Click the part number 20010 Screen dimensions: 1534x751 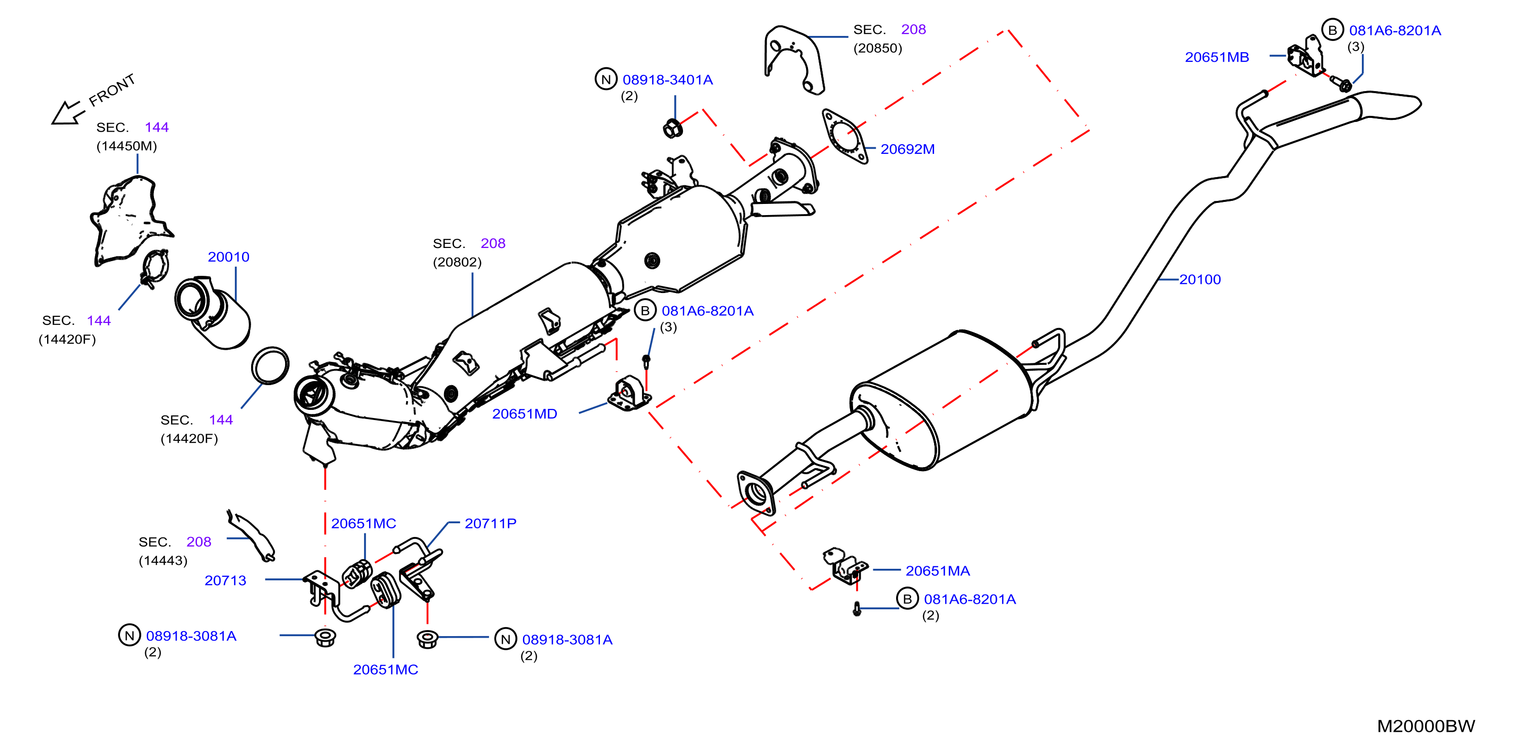point(228,257)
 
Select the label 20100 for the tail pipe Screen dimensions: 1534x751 point(1199,279)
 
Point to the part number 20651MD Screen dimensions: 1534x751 point(524,413)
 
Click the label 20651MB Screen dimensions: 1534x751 point(1217,57)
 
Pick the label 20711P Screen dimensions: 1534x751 point(490,523)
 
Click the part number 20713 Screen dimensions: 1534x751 point(225,580)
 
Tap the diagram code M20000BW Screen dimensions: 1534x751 point(1426,726)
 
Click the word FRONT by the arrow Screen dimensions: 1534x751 point(112,90)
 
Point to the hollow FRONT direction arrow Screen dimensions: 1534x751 point(67,113)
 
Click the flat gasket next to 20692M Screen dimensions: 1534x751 point(844,136)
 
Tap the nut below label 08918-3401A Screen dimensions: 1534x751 point(672,128)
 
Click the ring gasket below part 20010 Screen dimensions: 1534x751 point(270,366)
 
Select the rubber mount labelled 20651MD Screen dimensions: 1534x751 point(629,394)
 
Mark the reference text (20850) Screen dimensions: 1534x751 point(877,48)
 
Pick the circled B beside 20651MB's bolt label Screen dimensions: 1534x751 point(1332,30)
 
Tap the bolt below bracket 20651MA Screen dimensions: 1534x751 point(857,609)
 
